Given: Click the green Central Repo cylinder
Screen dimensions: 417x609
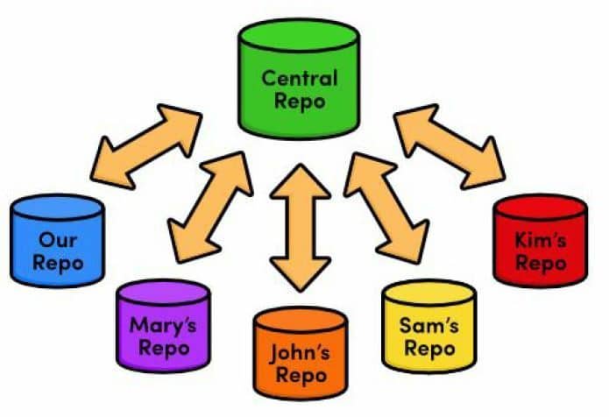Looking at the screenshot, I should click(299, 79).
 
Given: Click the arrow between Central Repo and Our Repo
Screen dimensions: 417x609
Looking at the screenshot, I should click(149, 145).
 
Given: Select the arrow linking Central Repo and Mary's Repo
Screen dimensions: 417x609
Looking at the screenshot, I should click(209, 205).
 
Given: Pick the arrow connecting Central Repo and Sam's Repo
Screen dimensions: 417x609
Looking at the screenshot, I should click(386, 205).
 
